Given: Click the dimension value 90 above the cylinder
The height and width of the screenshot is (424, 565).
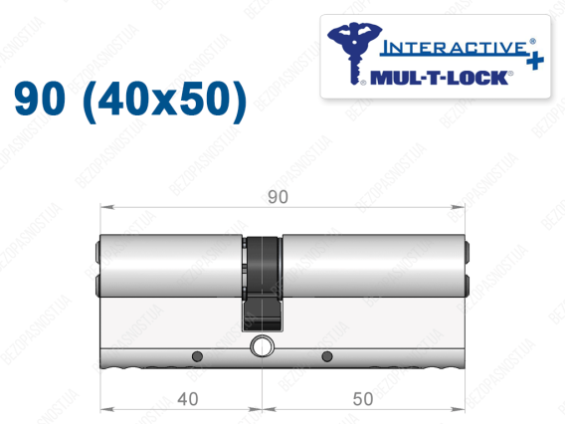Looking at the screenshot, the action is click(x=278, y=197).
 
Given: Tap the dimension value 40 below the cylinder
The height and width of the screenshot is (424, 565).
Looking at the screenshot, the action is click(x=188, y=399).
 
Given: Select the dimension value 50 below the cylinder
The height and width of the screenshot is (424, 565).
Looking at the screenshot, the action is click(x=362, y=399).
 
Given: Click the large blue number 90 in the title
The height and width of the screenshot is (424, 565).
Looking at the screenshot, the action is click(x=40, y=99).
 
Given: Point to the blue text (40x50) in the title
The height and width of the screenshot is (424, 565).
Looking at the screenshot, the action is click(x=165, y=100).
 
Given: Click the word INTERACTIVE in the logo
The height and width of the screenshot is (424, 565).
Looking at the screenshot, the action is click(x=455, y=49).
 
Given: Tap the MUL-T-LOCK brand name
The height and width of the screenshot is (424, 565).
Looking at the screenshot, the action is click(x=439, y=78).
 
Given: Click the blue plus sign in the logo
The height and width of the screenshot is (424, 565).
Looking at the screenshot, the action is click(x=535, y=61).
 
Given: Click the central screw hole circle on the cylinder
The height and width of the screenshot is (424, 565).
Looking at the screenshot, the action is click(x=262, y=346).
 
